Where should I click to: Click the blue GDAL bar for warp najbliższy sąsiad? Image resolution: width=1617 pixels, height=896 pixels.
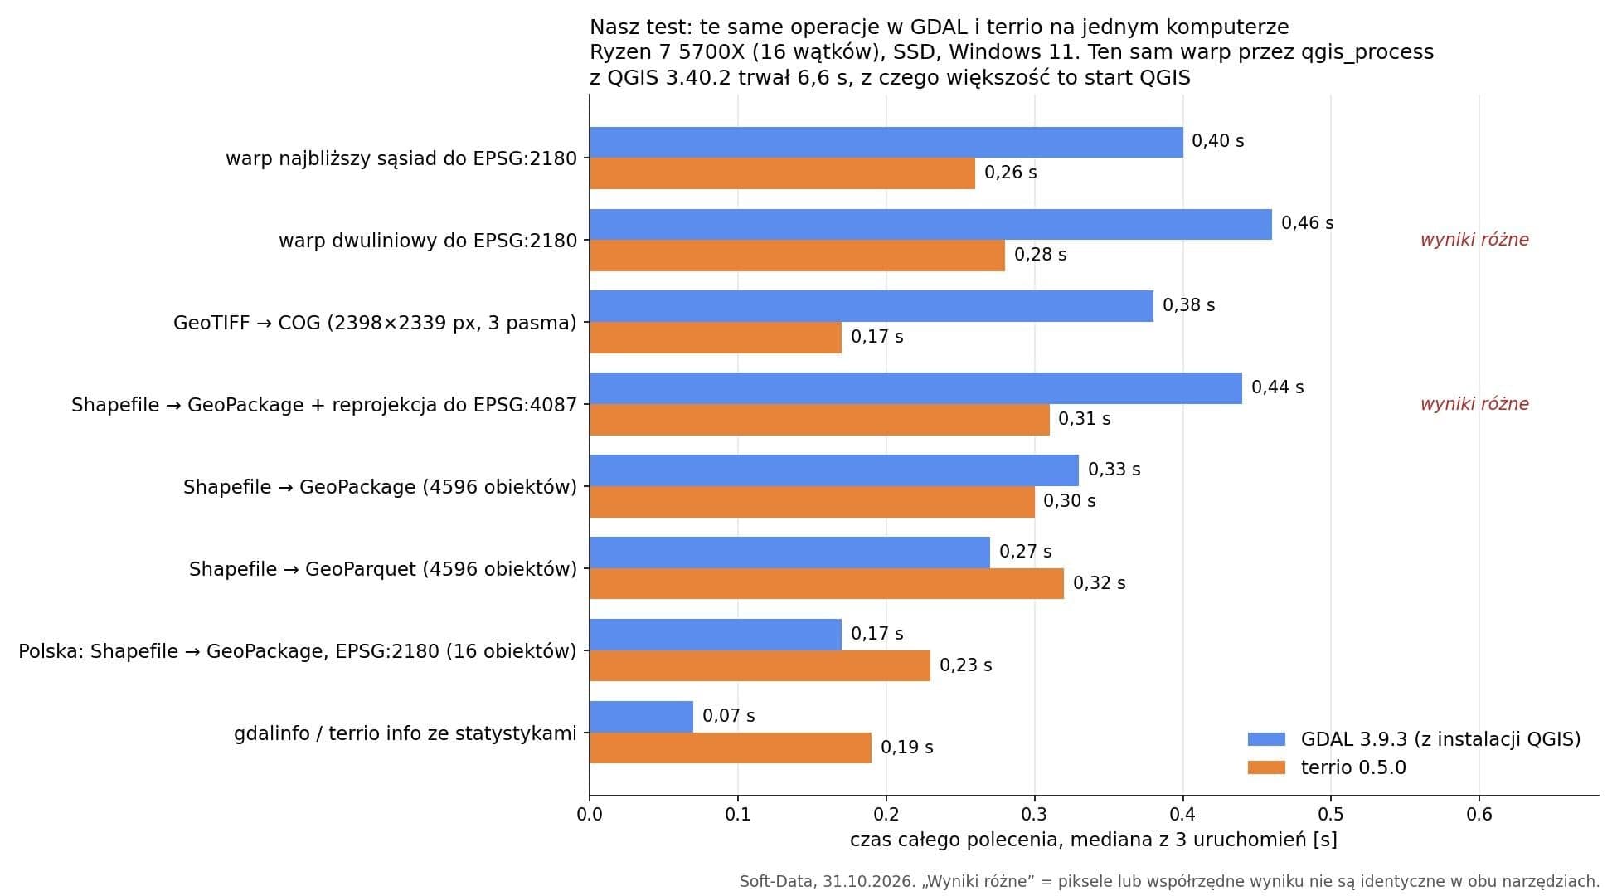click(886, 142)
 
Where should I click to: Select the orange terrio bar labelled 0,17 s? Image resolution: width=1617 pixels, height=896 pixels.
click(716, 338)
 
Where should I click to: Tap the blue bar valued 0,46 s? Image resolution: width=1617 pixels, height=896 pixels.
click(931, 224)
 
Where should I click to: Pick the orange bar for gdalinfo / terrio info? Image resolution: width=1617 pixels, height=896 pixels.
click(731, 747)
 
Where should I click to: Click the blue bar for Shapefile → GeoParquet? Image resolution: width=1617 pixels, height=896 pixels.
click(790, 553)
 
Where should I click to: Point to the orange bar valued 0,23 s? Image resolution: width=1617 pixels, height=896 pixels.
click(760, 665)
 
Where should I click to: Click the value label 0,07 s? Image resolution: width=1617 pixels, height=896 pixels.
click(729, 715)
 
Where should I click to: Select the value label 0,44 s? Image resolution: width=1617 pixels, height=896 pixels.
click(1278, 387)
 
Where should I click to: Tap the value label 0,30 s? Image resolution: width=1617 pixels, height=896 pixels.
click(1070, 500)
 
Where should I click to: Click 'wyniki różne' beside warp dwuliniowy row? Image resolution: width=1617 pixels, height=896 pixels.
click(1474, 240)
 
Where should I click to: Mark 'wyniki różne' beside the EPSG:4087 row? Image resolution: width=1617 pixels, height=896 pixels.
click(1474, 404)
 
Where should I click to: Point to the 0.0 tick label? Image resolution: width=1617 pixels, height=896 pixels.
click(590, 814)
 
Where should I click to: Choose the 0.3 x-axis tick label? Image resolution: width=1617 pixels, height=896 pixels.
click(1035, 814)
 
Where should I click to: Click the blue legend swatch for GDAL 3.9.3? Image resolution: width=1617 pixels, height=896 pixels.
click(1266, 739)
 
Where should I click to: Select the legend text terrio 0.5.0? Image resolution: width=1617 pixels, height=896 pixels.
click(1353, 767)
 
